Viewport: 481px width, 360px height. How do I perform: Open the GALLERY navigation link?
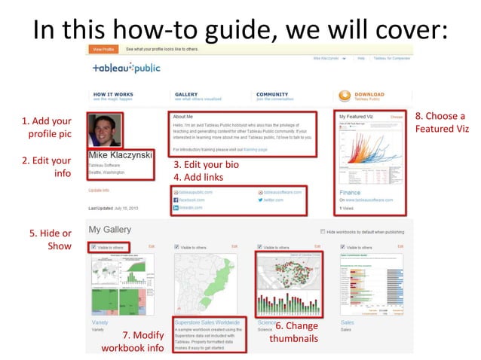point(187,94)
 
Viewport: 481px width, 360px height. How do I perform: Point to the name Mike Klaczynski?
point(121,156)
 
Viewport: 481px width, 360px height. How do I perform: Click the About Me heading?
point(183,117)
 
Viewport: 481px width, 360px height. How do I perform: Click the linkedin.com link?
point(192,212)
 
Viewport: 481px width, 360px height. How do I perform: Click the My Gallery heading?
point(110,229)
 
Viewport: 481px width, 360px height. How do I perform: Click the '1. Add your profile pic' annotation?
point(47,127)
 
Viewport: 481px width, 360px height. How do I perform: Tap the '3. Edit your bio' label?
point(206,164)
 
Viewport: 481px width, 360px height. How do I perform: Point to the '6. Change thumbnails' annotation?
point(294,333)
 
